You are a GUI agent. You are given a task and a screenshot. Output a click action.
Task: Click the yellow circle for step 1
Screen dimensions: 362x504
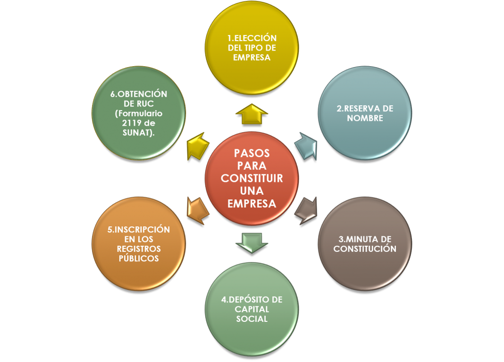(252, 48)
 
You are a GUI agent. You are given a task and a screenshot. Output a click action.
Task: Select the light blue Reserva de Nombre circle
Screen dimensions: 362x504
(365, 113)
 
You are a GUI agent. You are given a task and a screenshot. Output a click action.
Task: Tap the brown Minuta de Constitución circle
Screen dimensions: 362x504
(365, 243)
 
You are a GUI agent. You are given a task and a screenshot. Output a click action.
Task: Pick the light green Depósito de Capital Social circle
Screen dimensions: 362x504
(252, 309)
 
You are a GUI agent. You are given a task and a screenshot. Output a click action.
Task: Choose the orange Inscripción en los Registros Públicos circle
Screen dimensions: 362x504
(138, 243)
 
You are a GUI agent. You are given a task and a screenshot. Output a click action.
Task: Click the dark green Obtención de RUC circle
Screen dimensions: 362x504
(138, 113)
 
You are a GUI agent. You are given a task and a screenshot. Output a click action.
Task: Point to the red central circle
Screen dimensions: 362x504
(252, 179)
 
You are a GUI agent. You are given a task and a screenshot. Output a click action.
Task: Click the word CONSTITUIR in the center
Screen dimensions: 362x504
(252, 179)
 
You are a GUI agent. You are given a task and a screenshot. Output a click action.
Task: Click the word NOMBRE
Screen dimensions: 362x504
(365, 118)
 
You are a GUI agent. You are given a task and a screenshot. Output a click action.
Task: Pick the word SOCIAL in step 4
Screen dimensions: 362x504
(252, 319)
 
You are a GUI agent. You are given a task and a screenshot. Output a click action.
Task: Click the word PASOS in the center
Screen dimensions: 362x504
(252, 154)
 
